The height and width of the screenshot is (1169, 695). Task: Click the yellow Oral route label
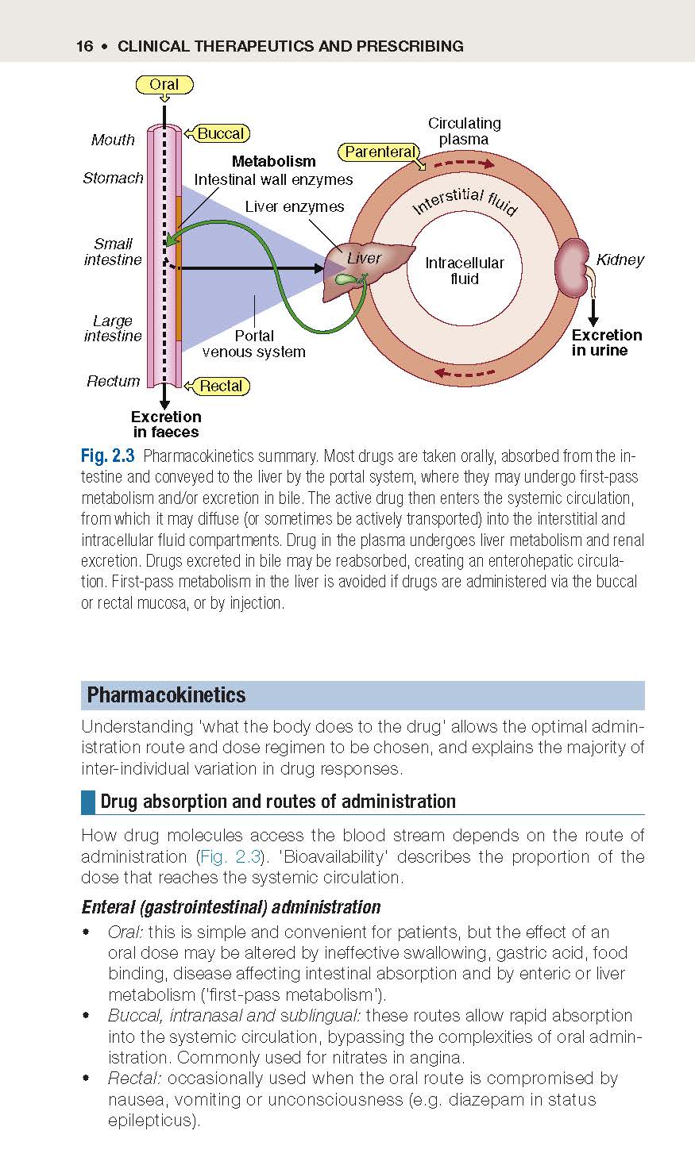pyautogui.click(x=164, y=85)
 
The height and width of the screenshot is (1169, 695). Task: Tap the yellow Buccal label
pyautogui.click(x=221, y=133)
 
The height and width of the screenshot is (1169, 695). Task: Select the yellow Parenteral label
pyautogui.click(x=380, y=152)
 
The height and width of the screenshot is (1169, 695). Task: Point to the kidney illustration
pyautogui.click(x=573, y=267)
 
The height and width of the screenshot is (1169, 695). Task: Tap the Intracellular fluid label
pyautogui.click(x=464, y=271)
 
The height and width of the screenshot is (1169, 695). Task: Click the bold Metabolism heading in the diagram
pyautogui.click(x=273, y=161)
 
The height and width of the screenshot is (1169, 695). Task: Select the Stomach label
pyautogui.click(x=113, y=179)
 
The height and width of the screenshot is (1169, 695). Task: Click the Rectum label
pyautogui.click(x=114, y=382)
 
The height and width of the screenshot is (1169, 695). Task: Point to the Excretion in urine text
pyautogui.click(x=606, y=342)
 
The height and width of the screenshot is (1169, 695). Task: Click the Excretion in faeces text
pyautogui.click(x=166, y=425)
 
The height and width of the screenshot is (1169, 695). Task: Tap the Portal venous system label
pyautogui.click(x=253, y=344)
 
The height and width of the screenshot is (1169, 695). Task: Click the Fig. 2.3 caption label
pyautogui.click(x=107, y=456)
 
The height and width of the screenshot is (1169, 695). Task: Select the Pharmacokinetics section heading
pyautogui.click(x=166, y=695)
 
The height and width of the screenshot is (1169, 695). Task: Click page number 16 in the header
pyautogui.click(x=84, y=47)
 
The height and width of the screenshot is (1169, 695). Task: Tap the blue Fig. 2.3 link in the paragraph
pyautogui.click(x=230, y=857)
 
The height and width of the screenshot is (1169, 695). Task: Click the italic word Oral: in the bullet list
pyautogui.click(x=125, y=932)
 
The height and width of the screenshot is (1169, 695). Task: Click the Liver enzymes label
pyautogui.click(x=295, y=206)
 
